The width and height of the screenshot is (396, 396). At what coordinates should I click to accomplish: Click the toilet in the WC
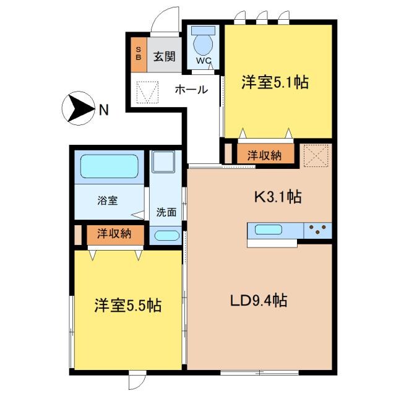pos(202,43)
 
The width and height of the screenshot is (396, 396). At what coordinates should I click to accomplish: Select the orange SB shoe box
pos(138,54)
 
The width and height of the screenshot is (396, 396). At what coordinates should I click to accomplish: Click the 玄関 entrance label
pos(164,56)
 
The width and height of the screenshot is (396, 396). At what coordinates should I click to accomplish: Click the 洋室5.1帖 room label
pos(275,82)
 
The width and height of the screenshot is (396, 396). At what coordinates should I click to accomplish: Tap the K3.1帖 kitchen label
pos(278,197)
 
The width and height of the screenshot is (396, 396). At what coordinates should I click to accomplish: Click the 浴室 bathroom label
pos(107,200)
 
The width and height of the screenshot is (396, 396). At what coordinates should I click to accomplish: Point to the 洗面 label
pos(166,212)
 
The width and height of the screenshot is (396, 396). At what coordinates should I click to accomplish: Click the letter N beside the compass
pos(103,111)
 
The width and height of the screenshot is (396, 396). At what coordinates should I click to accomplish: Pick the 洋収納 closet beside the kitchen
pos(264,155)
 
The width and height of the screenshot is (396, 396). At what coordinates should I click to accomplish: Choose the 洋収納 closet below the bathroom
pos(113,234)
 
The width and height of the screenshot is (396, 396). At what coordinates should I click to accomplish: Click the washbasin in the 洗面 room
pos(165,236)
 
